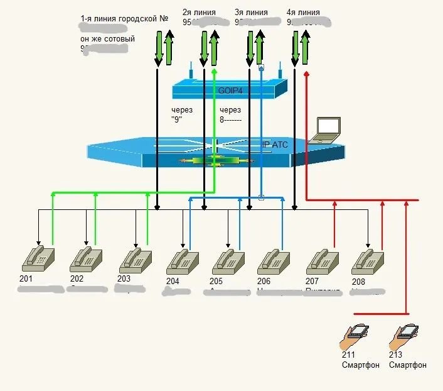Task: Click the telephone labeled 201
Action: tap(38, 258)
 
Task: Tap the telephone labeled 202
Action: tap(86, 258)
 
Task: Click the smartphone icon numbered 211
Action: tap(355, 336)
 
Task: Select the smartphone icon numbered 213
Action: tap(403, 336)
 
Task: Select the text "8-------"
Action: tap(231, 118)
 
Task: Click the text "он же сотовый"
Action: tap(107, 38)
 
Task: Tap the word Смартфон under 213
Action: tap(408, 365)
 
